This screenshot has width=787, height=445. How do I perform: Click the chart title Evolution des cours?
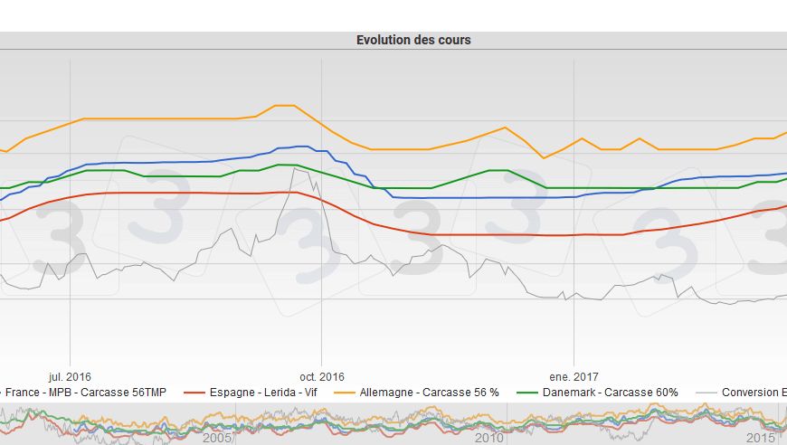pos(413,40)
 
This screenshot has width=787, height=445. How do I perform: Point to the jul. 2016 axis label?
pos(70,376)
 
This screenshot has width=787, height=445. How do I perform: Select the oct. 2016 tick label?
pos(322,376)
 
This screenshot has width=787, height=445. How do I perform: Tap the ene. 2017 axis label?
pos(574,376)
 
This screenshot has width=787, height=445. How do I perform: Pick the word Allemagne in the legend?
pos(391,393)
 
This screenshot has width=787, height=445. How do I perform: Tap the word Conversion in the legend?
pos(750,393)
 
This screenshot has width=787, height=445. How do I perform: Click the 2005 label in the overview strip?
pos(217,438)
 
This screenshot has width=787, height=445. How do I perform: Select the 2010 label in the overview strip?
pos(489,438)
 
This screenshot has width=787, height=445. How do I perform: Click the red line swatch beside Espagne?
pos(194,393)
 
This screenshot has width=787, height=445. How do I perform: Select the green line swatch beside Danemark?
pos(527,393)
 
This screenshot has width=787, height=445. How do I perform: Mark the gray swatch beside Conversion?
pos(706,393)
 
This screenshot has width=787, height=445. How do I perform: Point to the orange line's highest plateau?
pos(284,106)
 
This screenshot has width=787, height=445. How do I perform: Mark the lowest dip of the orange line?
pos(544,158)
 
